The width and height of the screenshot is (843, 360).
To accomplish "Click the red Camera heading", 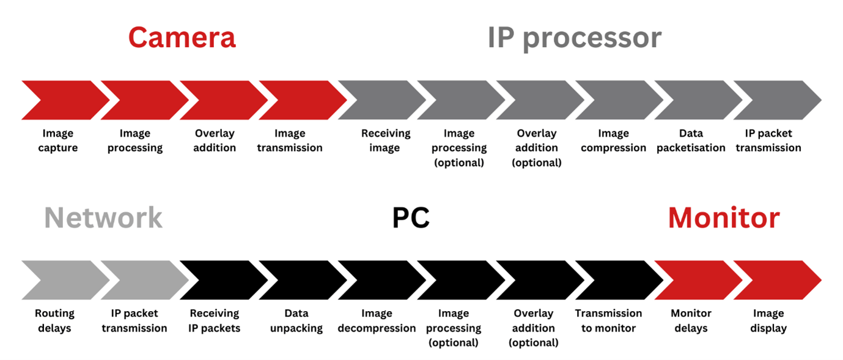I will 182,38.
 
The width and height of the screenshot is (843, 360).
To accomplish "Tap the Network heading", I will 103,218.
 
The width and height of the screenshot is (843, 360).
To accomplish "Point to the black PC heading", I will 410,218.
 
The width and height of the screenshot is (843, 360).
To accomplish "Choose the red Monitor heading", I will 723,218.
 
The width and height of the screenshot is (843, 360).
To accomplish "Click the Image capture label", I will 58,141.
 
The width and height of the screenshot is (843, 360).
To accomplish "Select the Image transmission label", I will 290,141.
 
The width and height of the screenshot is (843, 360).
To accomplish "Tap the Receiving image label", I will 385,141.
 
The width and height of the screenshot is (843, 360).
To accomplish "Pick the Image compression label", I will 613,141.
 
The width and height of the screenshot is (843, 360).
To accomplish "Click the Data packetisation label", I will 691,141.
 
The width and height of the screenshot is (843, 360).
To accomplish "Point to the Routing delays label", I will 54,321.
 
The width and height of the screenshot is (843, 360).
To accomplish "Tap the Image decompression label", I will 377,321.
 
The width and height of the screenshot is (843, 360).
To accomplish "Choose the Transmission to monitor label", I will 608,321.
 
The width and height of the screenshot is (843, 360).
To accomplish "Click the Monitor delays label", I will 691,321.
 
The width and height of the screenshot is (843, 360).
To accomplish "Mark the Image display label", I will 768,321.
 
